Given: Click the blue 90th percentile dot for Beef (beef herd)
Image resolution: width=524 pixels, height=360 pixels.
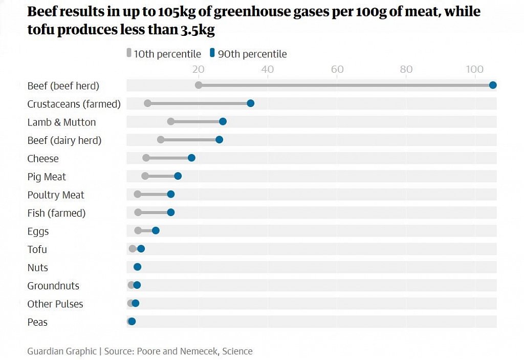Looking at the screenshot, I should tap(493, 85).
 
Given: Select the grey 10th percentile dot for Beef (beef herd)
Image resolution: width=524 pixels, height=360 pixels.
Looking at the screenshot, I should tap(199, 85).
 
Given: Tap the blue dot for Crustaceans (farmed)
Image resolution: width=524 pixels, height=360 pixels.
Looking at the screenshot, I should tap(251, 103).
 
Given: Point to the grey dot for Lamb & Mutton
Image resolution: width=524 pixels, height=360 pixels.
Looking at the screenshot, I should tap(171, 121).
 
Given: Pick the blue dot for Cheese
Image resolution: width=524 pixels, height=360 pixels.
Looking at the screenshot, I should tap(191, 158).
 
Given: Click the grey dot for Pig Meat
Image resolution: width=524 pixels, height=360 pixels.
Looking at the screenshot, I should tap(145, 176).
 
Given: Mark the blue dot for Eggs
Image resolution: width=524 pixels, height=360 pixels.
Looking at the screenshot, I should tap(156, 230).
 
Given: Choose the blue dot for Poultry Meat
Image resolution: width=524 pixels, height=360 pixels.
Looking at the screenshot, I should tap(171, 194).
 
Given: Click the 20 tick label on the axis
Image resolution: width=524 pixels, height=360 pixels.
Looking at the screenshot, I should tap(198, 69).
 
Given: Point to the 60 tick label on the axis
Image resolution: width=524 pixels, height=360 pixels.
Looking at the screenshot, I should tap(337, 69).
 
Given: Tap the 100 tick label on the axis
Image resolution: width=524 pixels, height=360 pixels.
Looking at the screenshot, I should tap(474, 69).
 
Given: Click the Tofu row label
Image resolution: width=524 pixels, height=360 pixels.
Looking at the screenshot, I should tap(37, 249).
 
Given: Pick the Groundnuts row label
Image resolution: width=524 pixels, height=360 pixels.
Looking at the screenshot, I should tap(53, 286).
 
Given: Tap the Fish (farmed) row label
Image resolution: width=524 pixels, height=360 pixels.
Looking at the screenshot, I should tap(56, 213).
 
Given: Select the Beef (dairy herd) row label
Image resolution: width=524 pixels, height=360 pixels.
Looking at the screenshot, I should tap(64, 140).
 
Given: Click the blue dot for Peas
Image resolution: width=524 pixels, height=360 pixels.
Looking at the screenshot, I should tap(132, 322).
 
